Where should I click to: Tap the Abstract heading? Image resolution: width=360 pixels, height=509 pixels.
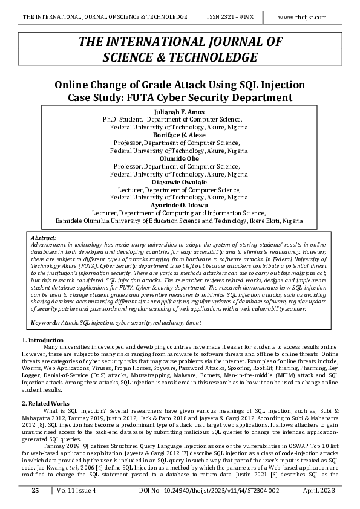44,239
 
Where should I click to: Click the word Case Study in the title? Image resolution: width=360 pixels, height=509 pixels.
97,97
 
